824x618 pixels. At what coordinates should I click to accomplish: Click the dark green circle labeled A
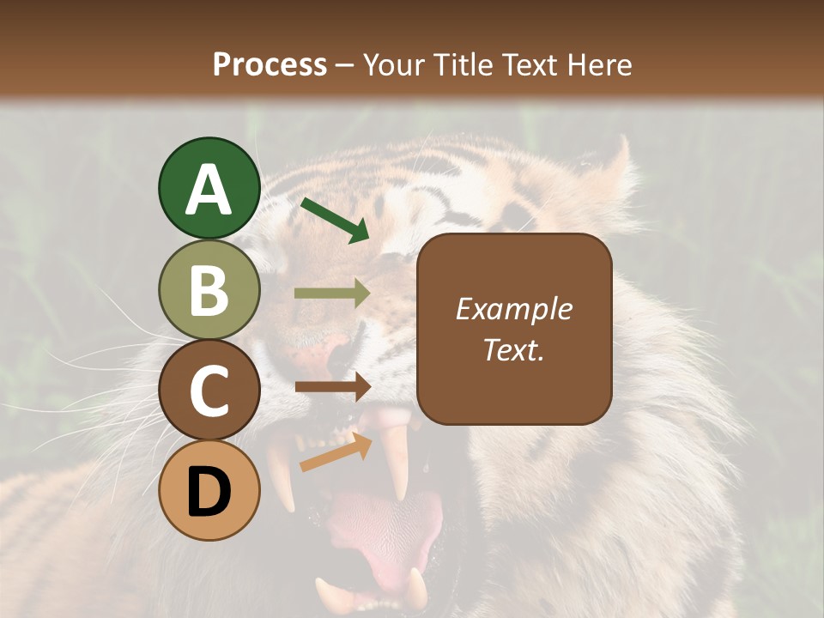tap(209, 189)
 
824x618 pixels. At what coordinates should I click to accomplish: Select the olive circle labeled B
tap(209, 290)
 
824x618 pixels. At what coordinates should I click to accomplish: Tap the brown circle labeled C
tap(209, 391)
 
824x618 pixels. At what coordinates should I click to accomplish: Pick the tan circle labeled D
tap(209, 491)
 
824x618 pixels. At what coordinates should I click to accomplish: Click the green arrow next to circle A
tap(335, 220)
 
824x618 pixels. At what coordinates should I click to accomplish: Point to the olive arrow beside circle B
tap(332, 294)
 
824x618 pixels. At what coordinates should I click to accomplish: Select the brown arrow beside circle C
tap(332, 387)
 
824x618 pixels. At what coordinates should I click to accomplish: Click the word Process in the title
tap(270, 64)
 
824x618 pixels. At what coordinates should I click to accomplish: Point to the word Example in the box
tap(513, 309)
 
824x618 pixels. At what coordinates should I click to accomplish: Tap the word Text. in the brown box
tap(513, 350)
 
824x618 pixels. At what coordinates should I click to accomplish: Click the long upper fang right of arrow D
tap(396, 463)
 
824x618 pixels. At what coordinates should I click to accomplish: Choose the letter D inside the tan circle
tap(209, 493)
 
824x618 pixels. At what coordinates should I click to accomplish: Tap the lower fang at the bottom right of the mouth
tap(416, 588)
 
